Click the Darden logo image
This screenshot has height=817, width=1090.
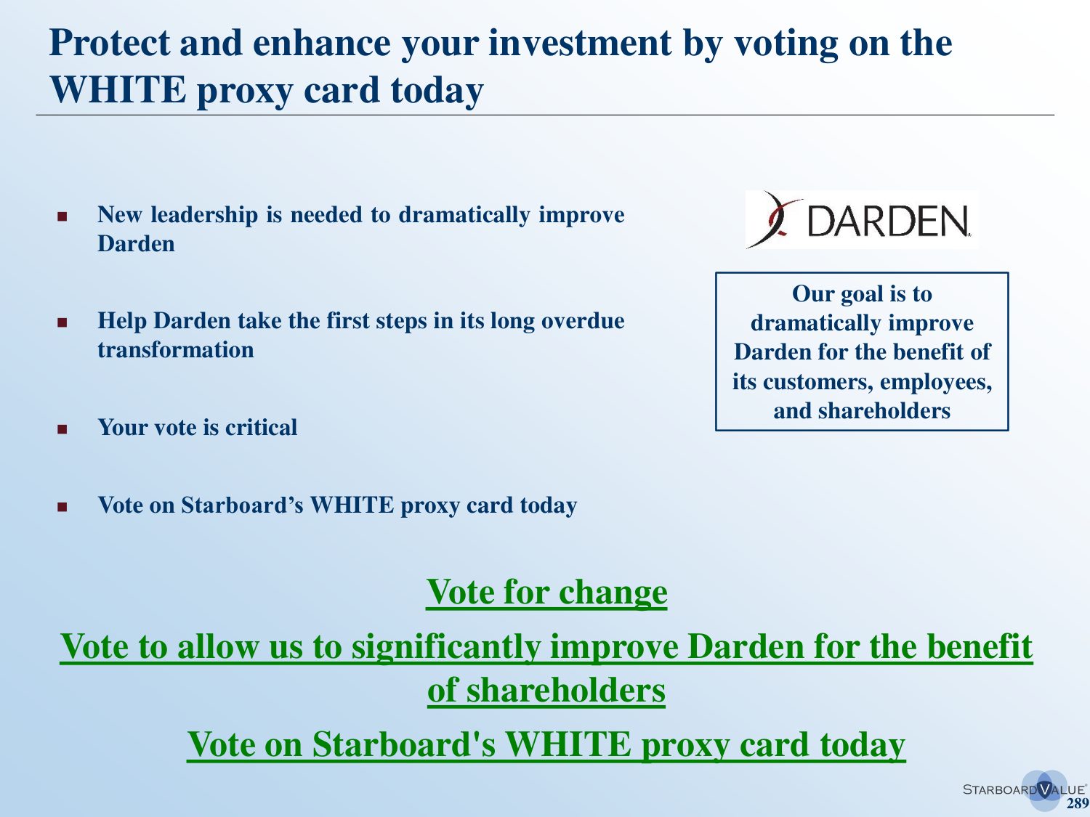pyautogui.click(x=862, y=220)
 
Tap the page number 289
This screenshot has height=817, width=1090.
pyautogui.click(x=1077, y=803)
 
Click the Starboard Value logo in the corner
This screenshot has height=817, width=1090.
pyautogui.click(x=1025, y=789)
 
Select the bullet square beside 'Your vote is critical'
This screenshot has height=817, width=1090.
pyautogui.click(x=62, y=428)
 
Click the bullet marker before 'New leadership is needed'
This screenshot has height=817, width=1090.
pyautogui.click(x=62, y=216)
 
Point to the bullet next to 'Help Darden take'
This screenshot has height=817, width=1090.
pyautogui.click(x=62, y=322)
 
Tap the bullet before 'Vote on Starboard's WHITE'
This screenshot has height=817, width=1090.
pyautogui.click(x=62, y=506)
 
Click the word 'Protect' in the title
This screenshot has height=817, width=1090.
pyautogui.click(x=109, y=43)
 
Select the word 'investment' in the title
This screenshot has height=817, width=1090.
pyautogui.click(x=580, y=43)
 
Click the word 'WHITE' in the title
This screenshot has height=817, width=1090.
pyautogui.click(x=118, y=90)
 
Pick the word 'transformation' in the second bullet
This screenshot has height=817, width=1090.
pyautogui.click(x=175, y=350)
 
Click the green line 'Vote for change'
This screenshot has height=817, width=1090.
pyautogui.click(x=546, y=592)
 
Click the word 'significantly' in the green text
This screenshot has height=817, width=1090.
pyautogui.click(x=446, y=647)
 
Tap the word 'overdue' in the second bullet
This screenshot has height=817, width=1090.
pyautogui.click(x=583, y=320)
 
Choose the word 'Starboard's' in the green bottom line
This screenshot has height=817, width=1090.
pyautogui.click(x=404, y=744)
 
